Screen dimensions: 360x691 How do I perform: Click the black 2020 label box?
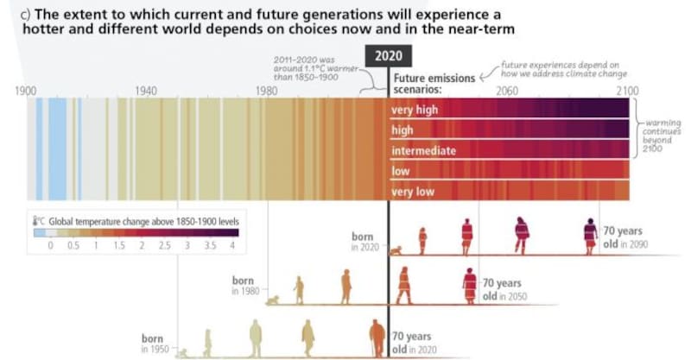387,55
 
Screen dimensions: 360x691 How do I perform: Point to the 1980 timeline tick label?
267,90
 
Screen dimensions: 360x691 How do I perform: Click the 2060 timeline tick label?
507,90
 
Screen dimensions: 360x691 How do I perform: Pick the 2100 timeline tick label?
627,90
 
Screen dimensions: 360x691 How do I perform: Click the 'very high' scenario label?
413,110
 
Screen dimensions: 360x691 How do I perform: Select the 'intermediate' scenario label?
423,150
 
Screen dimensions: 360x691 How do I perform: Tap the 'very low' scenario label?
413,192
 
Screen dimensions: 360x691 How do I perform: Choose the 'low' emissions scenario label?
401,171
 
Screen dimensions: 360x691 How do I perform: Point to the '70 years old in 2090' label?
624,237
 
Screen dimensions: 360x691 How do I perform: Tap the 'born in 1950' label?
156,343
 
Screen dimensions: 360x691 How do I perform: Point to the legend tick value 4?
231,247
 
